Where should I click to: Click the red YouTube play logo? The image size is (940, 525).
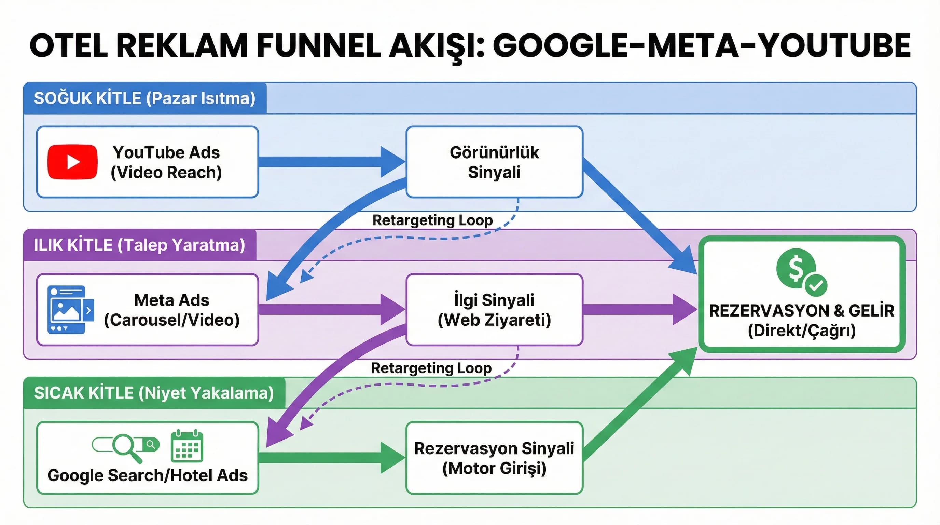pyautogui.click(x=72, y=162)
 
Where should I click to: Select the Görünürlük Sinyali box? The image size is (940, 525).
pyautogui.click(x=494, y=162)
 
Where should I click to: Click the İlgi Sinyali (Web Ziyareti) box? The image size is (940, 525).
pyautogui.click(x=494, y=310)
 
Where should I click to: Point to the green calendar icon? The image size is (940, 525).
pyautogui.click(x=187, y=446)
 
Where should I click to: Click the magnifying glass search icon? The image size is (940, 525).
pyautogui.click(x=126, y=446)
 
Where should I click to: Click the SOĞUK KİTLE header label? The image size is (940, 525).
pyautogui.click(x=144, y=98)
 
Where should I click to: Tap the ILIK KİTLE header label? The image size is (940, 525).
pyautogui.click(x=139, y=245)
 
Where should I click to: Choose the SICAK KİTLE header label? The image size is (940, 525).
pyautogui.click(x=154, y=393)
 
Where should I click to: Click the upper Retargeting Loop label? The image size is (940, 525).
pyautogui.click(x=432, y=220)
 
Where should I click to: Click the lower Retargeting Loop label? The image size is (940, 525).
pyautogui.click(x=431, y=368)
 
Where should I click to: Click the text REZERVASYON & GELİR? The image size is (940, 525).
pyautogui.click(x=801, y=311)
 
